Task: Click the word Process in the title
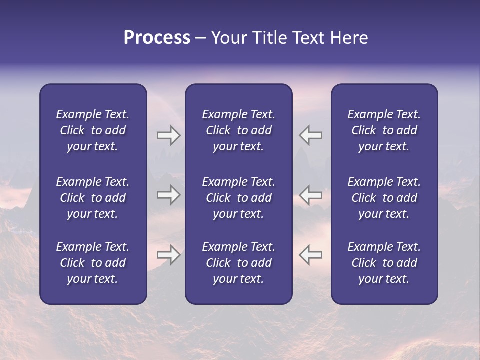click(x=157, y=38)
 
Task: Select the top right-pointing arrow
click(x=168, y=136)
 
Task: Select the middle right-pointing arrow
click(x=168, y=195)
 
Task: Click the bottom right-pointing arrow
click(x=168, y=255)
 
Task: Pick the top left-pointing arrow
click(x=311, y=136)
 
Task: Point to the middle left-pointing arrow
click(x=311, y=195)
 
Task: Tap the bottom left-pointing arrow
click(x=311, y=255)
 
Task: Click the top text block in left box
click(x=93, y=130)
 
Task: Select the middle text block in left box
click(x=93, y=198)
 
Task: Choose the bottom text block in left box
click(x=93, y=263)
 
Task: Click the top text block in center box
click(x=238, y=130)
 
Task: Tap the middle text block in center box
click(x=238, y=198)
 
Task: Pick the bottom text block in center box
click(x=238, y=263)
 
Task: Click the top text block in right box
click(x=384, y=130)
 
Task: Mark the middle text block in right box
click(x=384, y=198)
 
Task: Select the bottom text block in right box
click(x=384, y=263)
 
